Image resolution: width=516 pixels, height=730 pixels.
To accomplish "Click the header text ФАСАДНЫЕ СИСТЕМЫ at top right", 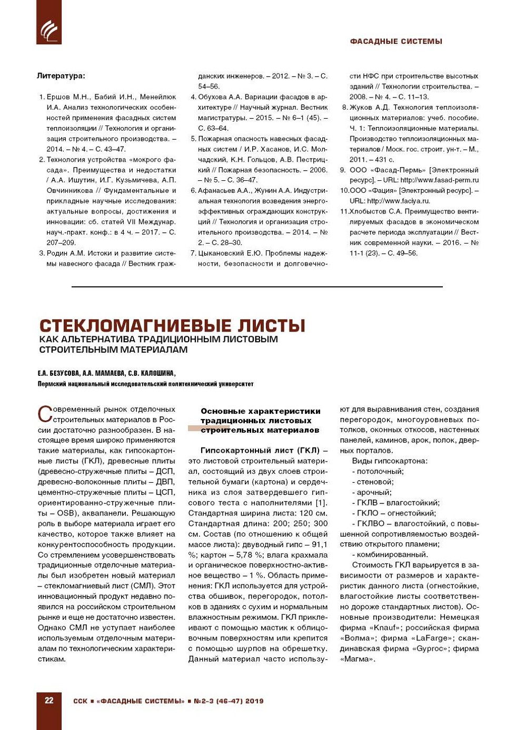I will coord(396,42).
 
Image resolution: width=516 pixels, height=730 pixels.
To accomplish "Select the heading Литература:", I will coord(61,76).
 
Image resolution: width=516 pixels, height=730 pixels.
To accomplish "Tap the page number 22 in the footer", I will coord(49,700).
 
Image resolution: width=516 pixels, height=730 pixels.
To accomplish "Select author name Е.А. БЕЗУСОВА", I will coord(58,374).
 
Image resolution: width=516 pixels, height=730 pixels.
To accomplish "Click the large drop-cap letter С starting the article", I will coord(45,414).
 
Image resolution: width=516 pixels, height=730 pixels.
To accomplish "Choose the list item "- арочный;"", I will coord(372,492).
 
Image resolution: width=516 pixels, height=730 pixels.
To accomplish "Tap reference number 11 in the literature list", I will coord(344,211).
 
